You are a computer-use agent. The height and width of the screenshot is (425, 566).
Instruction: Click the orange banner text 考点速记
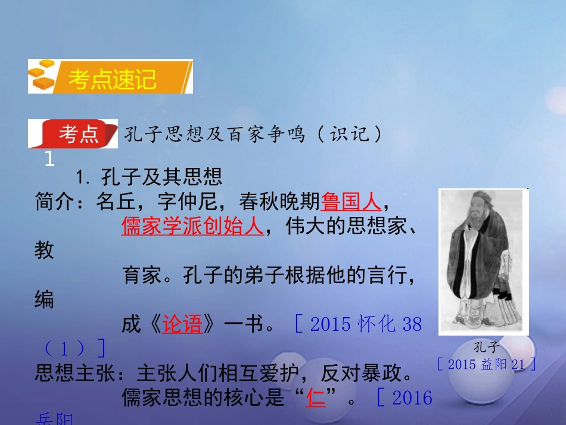[x=112, y=79]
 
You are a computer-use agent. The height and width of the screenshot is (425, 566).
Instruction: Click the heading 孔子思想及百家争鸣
[x=215, y=135]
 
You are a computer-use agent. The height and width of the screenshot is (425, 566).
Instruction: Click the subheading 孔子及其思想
[x=161, y=176]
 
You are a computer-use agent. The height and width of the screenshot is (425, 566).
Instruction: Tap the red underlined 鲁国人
[x=350, y=203]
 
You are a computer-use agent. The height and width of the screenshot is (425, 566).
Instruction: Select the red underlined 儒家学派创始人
[x=192, y=227]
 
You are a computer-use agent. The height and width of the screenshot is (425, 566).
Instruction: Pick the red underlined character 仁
[x=316, y=398]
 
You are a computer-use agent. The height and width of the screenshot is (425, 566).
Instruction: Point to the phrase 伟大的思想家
[x=337, y=227]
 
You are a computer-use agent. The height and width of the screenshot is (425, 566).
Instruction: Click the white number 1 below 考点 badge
[x=49, y=159]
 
